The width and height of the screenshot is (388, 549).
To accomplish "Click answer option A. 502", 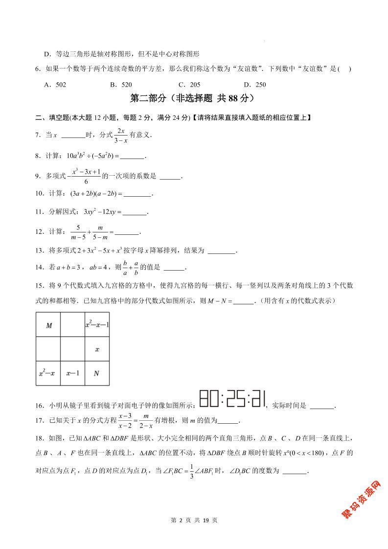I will click(x=55, y=85).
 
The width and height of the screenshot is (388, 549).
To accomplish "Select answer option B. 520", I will click(x=121, y=85).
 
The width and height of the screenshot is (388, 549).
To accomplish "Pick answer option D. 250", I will click(x=254, y=85).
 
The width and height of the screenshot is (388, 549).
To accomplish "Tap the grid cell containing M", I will click(x=48, y=325).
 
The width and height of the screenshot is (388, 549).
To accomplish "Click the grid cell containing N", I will click(x=96, y=373).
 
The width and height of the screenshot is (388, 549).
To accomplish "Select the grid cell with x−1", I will click(x=72, y=373).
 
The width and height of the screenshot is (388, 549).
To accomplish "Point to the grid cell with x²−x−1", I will click(x=96, y=325).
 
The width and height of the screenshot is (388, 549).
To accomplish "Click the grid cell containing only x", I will click(x=96, y=349).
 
